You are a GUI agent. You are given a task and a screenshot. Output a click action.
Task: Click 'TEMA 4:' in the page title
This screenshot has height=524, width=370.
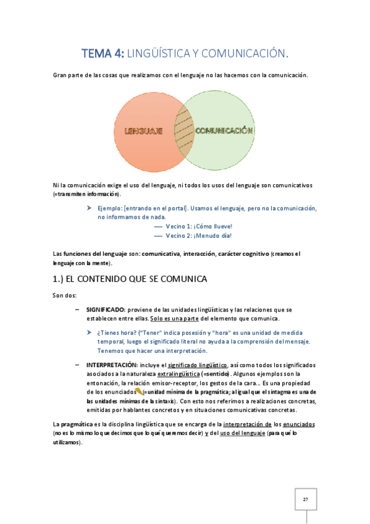[103, 54]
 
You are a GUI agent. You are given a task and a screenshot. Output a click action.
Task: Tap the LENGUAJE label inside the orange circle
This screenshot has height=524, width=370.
[143, 131]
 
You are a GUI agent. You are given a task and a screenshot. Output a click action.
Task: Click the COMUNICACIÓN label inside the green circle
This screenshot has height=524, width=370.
[224, 130]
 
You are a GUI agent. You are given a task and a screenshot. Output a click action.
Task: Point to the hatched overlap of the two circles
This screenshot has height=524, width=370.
[184, 131]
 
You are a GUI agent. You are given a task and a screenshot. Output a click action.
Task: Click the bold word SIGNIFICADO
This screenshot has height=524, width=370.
[106, 309]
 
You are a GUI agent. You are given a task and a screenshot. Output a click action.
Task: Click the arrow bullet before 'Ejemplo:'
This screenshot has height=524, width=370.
[90, 208]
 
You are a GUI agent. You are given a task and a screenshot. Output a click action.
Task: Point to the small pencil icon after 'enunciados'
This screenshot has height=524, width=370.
[139, 391]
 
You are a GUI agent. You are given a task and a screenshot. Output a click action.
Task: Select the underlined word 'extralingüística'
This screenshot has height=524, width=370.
[180, 374]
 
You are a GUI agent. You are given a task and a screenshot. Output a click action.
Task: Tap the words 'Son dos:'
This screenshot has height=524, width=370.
[64, 295]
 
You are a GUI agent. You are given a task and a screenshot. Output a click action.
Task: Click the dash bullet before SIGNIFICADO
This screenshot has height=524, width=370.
[76, 309]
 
